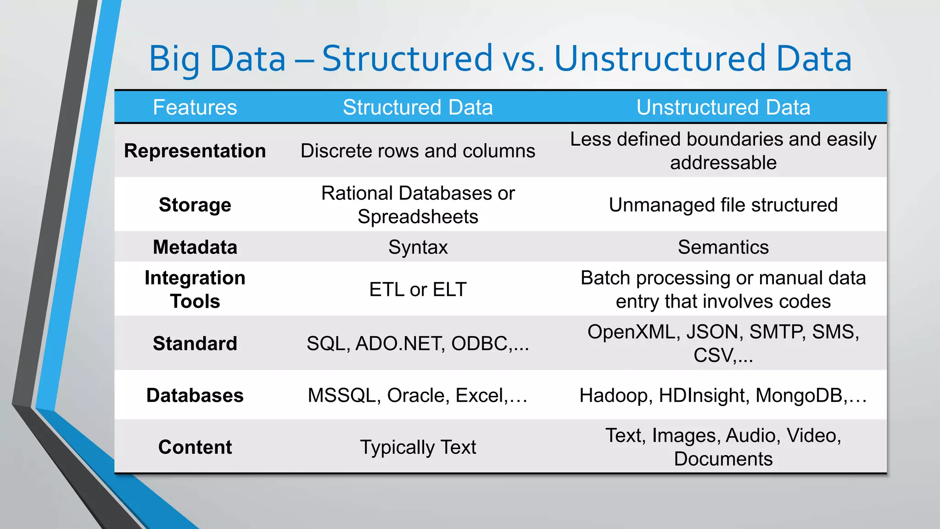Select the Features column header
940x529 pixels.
(x=195, y=107)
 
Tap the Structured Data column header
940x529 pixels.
(x=418, y=107)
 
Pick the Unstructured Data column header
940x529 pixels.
(x=723, y=107)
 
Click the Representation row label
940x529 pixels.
(x=195, y=151)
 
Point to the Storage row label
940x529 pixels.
(x=195, y=205)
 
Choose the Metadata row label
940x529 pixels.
(x=195, y=247)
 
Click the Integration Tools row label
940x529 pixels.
(x=195, y=289)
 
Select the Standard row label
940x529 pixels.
(x=195, y=343)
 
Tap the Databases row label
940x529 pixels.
(x=195, y=395)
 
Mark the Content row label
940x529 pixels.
(x=195, y=447)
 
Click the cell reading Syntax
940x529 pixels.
(x=418, y=248)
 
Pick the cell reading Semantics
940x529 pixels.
(x=723, y=247)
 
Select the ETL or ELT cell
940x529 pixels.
(x=418, y=290)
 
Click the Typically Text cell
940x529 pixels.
(x=418, y=447)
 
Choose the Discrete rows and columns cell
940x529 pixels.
(x=418, y=151)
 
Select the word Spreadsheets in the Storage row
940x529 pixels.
(x=418, y=217)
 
